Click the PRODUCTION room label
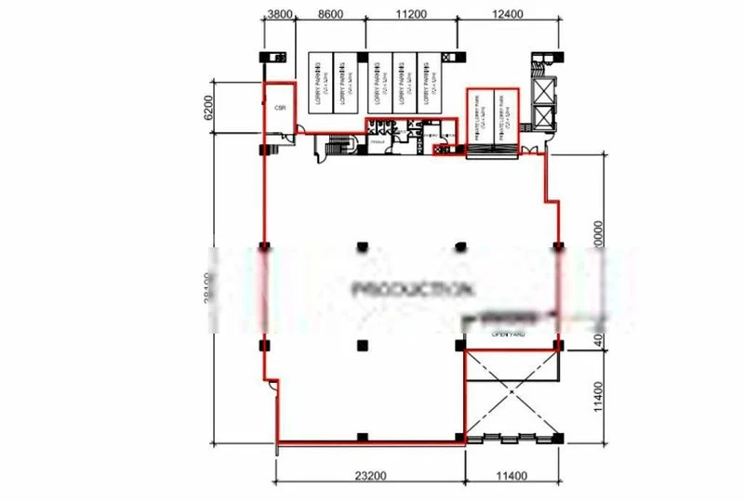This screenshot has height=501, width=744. point(409,288)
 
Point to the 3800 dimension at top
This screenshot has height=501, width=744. point(279,15)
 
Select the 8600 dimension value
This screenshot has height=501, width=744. point(330,15)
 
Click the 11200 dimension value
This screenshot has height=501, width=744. point(410,15)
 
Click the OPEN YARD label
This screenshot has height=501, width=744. point(509,334)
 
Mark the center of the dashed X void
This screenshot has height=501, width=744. point(512,394)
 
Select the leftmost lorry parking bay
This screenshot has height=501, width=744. point(321,86)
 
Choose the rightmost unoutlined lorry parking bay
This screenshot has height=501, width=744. point(430,86)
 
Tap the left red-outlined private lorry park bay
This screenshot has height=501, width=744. point(480,116)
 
